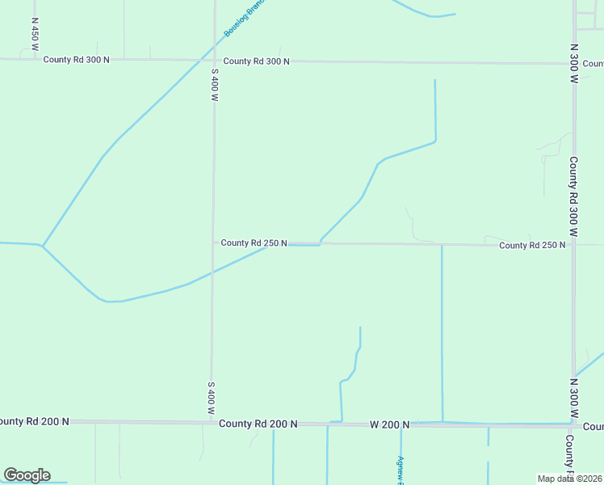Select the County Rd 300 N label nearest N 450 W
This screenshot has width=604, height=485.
pyautogui.click(x=76, y=60)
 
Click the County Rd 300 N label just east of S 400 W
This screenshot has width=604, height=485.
pyautogui.click(x=256, y=61)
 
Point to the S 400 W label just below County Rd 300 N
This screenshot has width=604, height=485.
pyautogui.click(x=215, y=84)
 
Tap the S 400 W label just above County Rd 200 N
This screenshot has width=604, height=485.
pyautogui.click(x=211, y=399)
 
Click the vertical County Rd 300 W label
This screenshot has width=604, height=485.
pyautogui.click(x=573, y=196)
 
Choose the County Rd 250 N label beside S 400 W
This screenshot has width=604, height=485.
pyautogui.click(x=254, y=242)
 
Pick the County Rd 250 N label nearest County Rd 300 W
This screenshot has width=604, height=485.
pyautogui.click(x=531, y=245)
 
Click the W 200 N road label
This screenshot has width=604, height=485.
pyautogui.click(x=390, y=424)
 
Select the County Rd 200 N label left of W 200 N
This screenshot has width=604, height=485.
pyautogui.click(x=258, y=424)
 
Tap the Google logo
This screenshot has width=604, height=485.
pyautogui.click(x=27, y=475)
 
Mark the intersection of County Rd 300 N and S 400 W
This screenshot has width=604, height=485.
pyautogui.click(x=215, y=61)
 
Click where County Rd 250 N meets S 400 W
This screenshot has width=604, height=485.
pyautogui.click(x=213, y=242)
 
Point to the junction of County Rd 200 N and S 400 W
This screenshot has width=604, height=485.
pyautogui.click(x=212, y=422)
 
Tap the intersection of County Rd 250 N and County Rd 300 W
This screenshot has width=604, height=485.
pyautogui.click(x=573, y=245)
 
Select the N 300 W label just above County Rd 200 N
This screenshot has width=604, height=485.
pyautogui.click(x=573, y=397)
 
